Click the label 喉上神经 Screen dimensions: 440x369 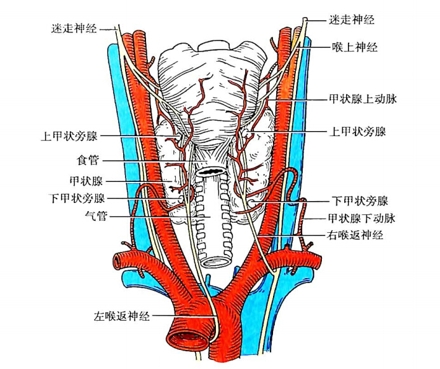(355, 47)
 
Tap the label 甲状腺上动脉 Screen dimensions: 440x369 (363, 99)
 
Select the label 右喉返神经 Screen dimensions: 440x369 (355, 235)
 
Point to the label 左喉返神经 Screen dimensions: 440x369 (122, 316)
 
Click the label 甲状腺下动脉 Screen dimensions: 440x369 (362, 218)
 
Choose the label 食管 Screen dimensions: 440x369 (88, 160)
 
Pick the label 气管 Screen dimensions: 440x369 (96, 216)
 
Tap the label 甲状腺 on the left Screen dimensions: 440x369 (86, 181)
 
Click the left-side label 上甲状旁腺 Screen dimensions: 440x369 (69, 136)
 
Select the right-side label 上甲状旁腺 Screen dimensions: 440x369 (358, 131)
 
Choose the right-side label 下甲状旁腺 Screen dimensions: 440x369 (360, 201)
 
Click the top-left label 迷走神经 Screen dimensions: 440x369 (74, 29)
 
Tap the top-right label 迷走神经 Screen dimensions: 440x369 (352, 20)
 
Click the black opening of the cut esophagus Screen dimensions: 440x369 (210, 171)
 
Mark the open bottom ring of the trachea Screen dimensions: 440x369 (216, 261)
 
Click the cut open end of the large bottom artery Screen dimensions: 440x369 (187, 338)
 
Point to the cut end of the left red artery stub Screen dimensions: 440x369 (117, 261)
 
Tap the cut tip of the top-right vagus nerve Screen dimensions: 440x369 (305, 20)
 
